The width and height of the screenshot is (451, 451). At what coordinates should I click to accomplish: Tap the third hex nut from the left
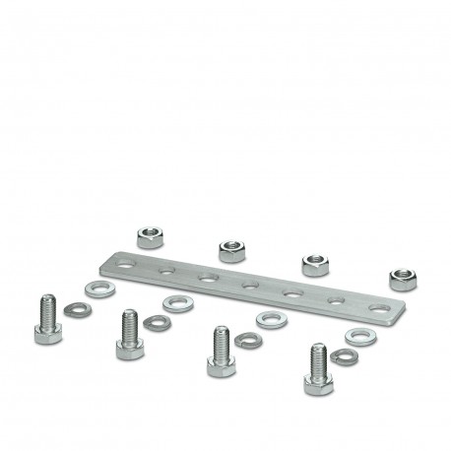tap(314, 264)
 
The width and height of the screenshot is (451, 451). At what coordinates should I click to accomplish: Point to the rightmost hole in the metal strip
tap(378, 308)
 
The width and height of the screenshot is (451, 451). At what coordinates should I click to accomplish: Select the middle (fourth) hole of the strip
tap(250, 286)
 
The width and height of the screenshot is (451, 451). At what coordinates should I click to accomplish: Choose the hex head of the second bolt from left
tap(129, 348)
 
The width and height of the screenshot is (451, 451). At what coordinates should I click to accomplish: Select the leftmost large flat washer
tap(99, 290)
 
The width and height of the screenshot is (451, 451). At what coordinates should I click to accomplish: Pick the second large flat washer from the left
tap(179, 303)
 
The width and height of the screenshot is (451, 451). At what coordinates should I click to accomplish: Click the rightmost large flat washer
tap(361, 335)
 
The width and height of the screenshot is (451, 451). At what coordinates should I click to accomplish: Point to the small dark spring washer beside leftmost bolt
tap(77, 310)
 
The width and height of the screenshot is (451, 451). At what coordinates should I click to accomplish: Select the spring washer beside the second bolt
tap(156, 323)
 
